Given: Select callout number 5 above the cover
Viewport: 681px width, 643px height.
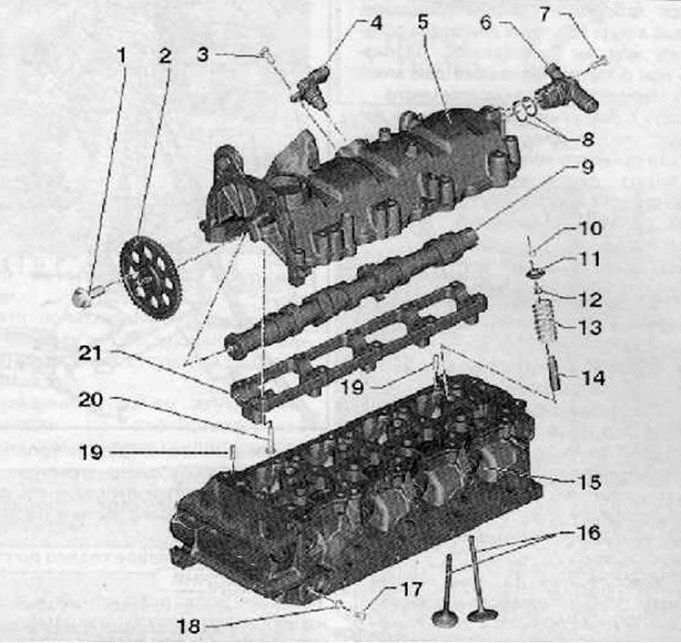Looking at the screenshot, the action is pos(423,22).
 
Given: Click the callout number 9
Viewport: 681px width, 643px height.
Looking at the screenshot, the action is pos(587,167).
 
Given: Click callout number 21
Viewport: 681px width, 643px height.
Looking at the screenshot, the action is pos(89,353).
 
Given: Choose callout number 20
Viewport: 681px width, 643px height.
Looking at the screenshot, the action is pos(90,400).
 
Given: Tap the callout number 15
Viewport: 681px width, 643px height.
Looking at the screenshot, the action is pos(589,482).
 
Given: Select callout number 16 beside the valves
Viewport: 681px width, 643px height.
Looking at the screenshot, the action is pos(589,532).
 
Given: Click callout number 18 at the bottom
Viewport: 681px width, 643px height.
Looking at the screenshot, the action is pos(188,626).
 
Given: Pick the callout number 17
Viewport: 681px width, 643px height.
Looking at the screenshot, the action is pos(411,589).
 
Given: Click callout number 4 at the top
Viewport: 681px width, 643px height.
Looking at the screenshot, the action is pos(376,23).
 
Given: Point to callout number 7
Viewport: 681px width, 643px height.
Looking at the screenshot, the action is pos(545,14).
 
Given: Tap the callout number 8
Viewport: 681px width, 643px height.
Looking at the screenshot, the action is pos(587,139).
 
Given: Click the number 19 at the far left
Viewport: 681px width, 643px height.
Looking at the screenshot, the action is pos(90,452).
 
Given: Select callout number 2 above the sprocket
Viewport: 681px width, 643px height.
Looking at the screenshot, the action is pos(164,56).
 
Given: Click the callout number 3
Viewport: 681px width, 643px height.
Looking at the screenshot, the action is pos(203,54).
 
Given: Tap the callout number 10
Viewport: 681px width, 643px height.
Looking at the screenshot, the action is pos(590,228).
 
